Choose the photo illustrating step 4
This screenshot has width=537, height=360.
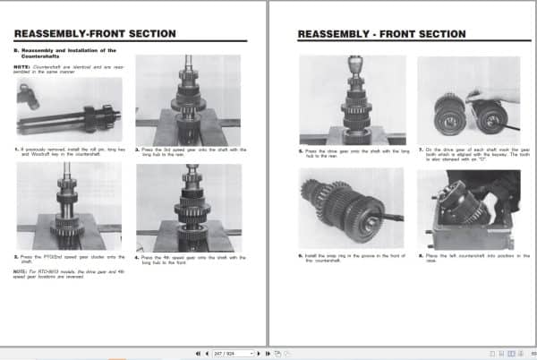tap(188, 207)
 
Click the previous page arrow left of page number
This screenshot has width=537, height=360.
tap(209, 354)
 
